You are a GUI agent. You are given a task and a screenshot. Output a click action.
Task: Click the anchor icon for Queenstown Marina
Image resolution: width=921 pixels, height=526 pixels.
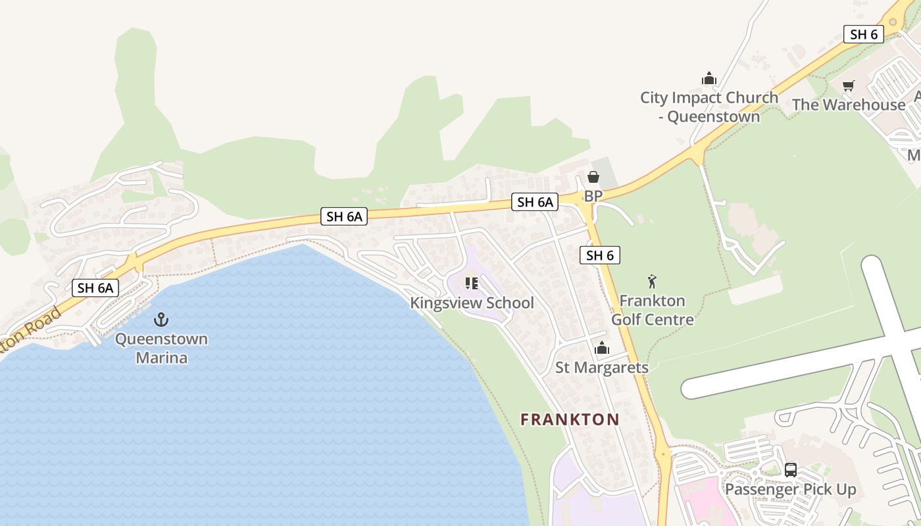(161, 320)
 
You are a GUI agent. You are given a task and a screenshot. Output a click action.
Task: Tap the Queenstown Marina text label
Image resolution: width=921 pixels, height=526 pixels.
(161, 348)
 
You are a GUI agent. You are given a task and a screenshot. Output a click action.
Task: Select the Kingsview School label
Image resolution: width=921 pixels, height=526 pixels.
(472, 303)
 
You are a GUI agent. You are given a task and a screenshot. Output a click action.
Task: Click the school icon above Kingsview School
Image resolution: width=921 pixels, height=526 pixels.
(471, 283)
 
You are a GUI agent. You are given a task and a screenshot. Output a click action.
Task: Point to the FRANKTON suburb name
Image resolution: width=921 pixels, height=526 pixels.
(570, 419)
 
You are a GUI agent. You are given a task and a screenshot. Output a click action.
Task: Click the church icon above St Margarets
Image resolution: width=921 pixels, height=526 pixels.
(601, 348)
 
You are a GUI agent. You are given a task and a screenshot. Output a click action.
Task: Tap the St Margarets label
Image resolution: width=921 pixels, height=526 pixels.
(602, 368)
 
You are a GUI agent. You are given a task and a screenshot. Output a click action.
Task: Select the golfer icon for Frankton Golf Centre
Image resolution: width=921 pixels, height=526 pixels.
(652, 281)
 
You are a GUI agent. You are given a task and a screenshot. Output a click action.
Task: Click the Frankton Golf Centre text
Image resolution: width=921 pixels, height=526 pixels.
(652, 310)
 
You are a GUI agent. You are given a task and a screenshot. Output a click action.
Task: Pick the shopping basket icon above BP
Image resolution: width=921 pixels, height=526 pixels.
(593, 177)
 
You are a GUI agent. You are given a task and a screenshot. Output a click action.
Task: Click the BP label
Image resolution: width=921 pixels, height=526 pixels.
(593, 196)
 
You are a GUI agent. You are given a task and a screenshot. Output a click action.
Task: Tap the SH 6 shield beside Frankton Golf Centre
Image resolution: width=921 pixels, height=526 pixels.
(599, 255)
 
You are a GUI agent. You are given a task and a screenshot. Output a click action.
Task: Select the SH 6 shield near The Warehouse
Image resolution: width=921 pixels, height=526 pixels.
(863, 34)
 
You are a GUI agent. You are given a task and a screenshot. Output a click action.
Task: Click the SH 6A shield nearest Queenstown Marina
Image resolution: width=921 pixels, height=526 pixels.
(95, 287)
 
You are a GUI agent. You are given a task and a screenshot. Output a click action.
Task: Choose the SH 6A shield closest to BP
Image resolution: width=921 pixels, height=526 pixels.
(534, 202)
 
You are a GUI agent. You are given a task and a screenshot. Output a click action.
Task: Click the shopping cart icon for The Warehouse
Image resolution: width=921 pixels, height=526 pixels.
(848, 85)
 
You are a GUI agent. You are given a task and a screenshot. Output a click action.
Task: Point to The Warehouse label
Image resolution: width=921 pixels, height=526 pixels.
(849, 105)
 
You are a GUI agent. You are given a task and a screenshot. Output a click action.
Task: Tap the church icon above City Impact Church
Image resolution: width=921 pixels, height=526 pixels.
(709, 78)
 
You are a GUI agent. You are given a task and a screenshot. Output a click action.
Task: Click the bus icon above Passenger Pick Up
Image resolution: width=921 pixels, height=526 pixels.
(790, 470)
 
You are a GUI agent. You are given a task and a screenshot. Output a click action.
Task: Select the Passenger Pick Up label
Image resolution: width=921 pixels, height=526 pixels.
(790, 489)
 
